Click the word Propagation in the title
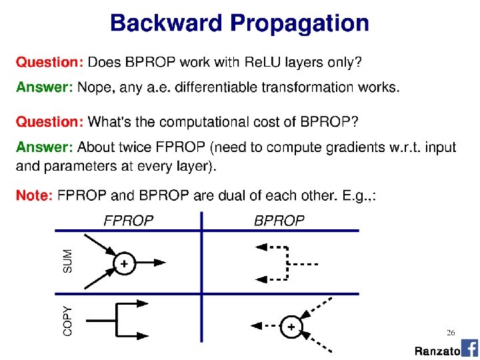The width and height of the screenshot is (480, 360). pos(299,24)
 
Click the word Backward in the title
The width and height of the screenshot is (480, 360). pos(166,23)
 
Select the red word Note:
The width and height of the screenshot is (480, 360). pos(34,195)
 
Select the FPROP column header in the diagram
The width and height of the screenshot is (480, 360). pos(128,221)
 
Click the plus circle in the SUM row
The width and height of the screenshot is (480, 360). pos(124,264)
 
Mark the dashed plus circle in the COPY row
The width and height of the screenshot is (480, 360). pos(291,327)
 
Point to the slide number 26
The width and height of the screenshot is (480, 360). pos(451,332)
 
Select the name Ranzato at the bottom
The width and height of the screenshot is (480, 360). pos(437,351)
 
